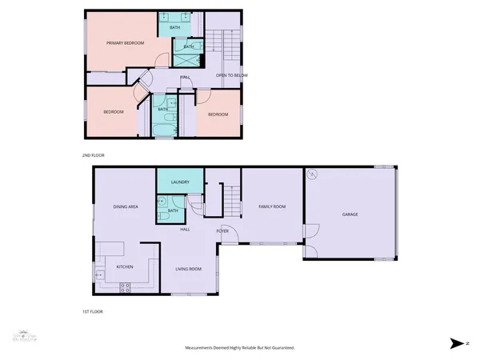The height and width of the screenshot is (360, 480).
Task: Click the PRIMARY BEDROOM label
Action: [126, 42]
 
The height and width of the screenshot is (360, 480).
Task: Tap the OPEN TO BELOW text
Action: [232, 75]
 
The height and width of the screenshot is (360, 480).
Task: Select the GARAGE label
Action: [350, 214]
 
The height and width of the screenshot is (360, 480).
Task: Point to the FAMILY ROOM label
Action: [272, 206]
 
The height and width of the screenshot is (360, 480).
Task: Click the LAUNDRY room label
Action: [180, 182]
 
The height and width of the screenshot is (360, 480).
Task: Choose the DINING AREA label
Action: [126, 206]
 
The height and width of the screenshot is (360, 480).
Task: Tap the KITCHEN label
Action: [125, 266]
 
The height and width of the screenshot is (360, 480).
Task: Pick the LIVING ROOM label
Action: [189, 269]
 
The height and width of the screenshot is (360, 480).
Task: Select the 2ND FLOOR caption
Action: [93, 154]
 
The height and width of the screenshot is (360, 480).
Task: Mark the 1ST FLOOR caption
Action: [93, 311]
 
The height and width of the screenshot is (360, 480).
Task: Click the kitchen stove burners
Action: [125, 286]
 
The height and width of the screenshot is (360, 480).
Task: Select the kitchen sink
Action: [100, 275]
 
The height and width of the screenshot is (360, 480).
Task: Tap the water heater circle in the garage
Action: [314, 174]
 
